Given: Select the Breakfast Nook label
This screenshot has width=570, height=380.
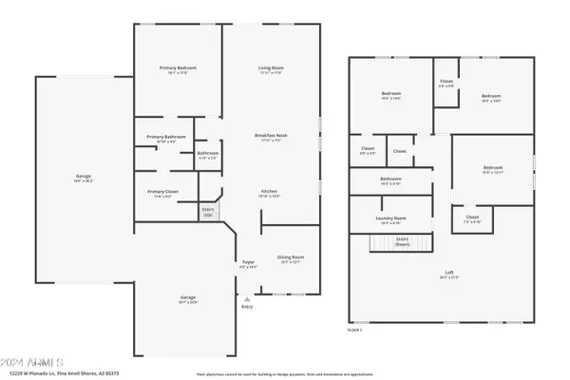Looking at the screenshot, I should point(272,136).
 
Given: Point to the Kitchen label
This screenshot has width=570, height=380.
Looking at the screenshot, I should point(270,192).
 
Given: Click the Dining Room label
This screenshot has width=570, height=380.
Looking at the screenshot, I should point(291,257).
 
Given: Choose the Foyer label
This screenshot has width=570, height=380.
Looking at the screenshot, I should point(248,264).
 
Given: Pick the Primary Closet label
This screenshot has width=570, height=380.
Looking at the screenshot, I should point(163,193).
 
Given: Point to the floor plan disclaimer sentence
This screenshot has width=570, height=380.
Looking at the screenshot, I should point(283,373).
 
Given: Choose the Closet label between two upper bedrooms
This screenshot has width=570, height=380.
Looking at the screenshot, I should point(446,83).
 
